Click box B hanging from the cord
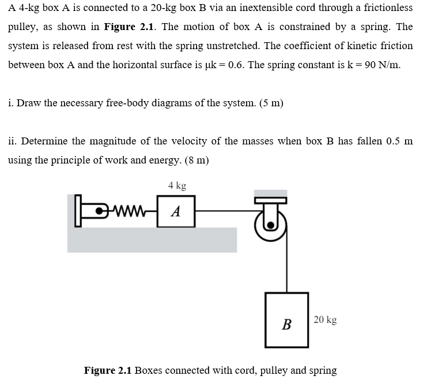point(286,320)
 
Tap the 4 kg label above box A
point(177,186)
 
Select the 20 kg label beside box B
point(326,319)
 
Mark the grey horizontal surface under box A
point(152,240)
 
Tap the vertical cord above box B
point(286,260)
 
